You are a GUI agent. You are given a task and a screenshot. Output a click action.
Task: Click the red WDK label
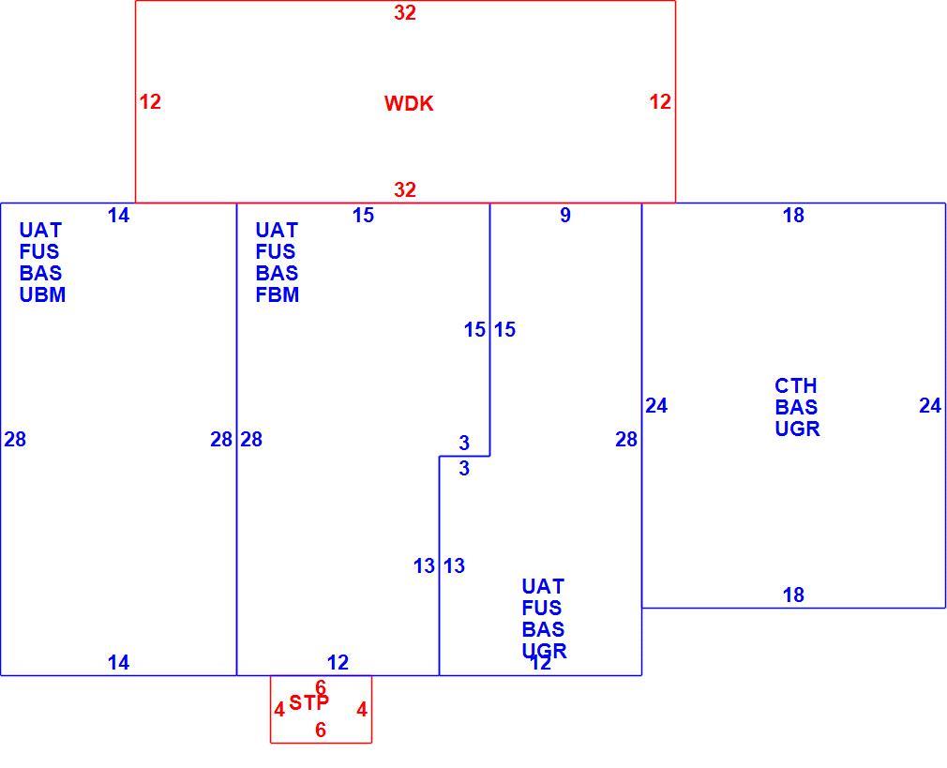(409, 103)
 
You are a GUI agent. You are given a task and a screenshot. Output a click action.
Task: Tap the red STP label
(308, 702)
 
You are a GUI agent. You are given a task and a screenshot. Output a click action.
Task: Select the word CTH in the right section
(795, 385)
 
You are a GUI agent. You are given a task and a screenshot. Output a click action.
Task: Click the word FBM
(278, 294)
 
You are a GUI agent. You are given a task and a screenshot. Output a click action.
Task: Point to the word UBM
(42, 294)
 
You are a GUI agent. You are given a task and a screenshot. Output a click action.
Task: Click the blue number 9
(565, 215)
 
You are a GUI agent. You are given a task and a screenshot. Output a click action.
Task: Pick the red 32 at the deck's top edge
(405, 13)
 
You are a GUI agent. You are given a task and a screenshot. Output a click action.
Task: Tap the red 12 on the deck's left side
(150, 101)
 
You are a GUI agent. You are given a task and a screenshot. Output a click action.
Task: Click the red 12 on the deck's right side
(660, 101)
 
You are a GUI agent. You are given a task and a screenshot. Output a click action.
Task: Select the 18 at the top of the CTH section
(793, 215)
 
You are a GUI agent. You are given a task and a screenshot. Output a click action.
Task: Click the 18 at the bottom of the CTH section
(793, 595)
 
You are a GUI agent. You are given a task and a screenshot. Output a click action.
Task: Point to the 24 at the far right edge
(930, 405)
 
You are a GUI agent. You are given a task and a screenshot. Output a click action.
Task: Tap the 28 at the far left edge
(15, 439)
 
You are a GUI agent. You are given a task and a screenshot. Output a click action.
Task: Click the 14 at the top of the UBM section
(118, 215)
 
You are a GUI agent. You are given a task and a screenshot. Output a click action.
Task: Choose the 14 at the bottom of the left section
(118, 663)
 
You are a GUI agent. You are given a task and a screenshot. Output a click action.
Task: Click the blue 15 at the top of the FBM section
(363, 215)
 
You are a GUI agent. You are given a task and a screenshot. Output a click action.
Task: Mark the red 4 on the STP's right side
(362, 709)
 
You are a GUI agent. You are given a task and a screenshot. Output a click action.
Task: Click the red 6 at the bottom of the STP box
(321, 730)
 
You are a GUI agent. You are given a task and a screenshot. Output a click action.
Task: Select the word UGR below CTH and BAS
(797, 429)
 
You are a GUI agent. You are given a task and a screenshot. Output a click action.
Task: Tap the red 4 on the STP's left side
(279, 709)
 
